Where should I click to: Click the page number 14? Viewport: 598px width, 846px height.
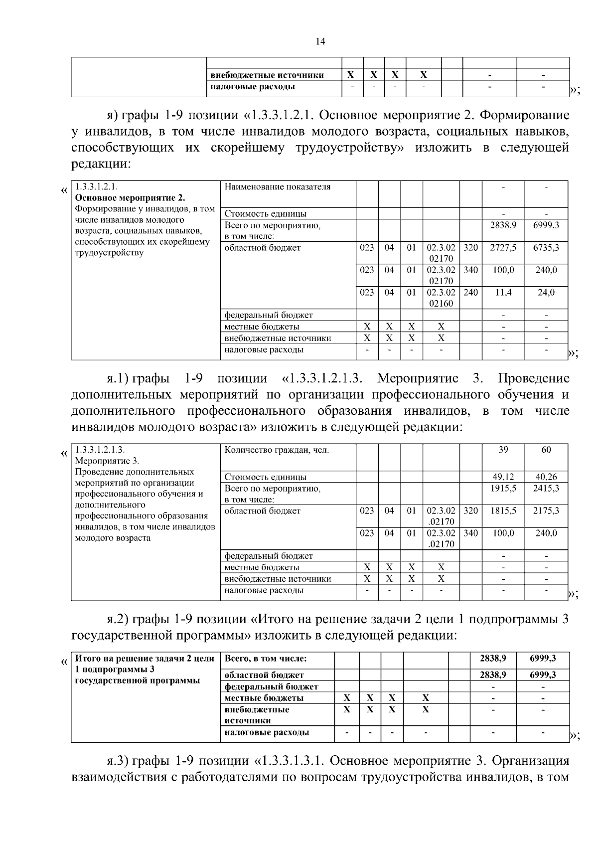point(320,42)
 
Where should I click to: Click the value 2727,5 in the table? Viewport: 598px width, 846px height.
point(503,248)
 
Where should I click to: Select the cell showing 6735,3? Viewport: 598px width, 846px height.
point(546,248)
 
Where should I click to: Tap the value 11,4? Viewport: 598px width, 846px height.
point(503,293)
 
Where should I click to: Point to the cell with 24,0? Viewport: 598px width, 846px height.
point(546,293)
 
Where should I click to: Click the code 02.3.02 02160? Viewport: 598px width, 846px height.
point(441,298)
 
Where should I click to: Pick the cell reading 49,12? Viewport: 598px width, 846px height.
point(503,477)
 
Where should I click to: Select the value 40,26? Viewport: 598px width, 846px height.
point(546,477)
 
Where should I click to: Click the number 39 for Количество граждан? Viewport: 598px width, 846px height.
point(503,450)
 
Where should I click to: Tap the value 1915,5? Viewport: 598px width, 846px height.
point(503,488)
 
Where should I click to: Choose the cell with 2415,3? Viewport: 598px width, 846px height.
point(546,488)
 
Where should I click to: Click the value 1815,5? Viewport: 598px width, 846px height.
point(503,511)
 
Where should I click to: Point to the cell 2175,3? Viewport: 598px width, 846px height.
point(546,511)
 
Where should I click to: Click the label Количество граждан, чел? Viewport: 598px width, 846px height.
point(277,450)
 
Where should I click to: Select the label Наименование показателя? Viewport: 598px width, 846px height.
point(278,187)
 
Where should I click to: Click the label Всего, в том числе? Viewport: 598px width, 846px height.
point(266,659)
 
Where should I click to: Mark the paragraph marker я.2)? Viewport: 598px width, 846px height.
point(118,619)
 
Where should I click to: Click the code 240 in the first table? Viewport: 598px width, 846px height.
point(470,293)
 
